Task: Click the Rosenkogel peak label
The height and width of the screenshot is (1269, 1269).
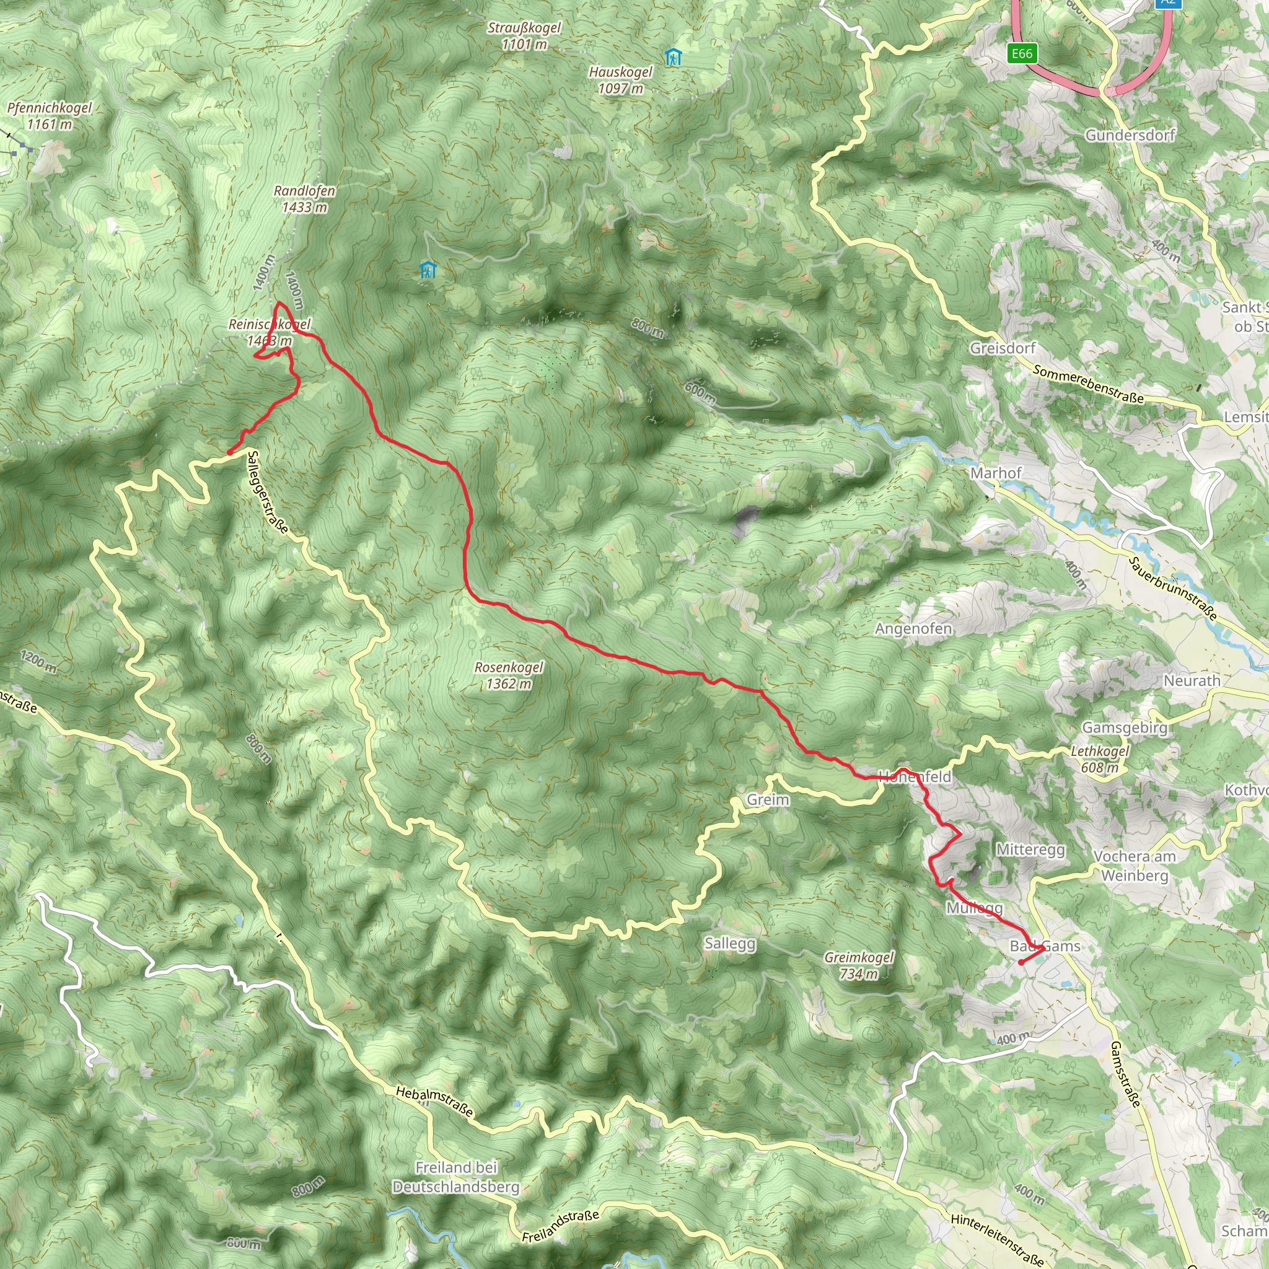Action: click(x=509, y=675)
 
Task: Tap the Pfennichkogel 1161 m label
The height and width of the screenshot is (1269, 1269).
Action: click(x=50, y=116)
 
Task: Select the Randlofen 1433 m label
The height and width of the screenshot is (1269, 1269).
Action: click(x=304, y=198)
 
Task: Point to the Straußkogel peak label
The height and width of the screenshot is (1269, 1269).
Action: click(x=524, y=35)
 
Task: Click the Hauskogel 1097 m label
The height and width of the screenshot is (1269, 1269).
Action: click(x=621, y=79)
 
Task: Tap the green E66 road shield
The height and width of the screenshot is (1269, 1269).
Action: click(x=1022, y=53)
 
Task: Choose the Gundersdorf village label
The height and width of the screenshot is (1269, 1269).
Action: click(x=1130, y=135)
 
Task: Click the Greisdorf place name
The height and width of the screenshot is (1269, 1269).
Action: click(x=1003, y=348)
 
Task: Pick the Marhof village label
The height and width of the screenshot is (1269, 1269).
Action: click(x=996, y=473)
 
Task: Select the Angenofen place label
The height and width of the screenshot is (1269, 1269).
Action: click(x=913, y=628)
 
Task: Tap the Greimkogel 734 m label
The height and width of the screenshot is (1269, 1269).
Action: click(x=858, y=965)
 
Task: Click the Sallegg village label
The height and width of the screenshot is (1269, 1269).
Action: click(x=730, y=943)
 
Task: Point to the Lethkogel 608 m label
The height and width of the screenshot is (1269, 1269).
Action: click(x=1100, y=758)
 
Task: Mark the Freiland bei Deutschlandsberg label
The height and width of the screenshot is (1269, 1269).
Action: click(x=456, y=1177)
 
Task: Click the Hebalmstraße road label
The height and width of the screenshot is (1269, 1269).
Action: click(x=434, y=1101)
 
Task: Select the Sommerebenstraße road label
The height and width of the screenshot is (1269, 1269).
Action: click(x=1087, y=384)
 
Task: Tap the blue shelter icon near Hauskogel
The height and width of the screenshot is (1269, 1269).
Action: click(x=672, y=57)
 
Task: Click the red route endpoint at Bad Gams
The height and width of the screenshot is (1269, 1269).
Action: click(x=1021, y=962)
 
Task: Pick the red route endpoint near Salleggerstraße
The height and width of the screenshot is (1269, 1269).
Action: click(x=229, y=452)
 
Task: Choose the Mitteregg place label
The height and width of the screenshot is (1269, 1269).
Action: click(x=1030, y=850)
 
